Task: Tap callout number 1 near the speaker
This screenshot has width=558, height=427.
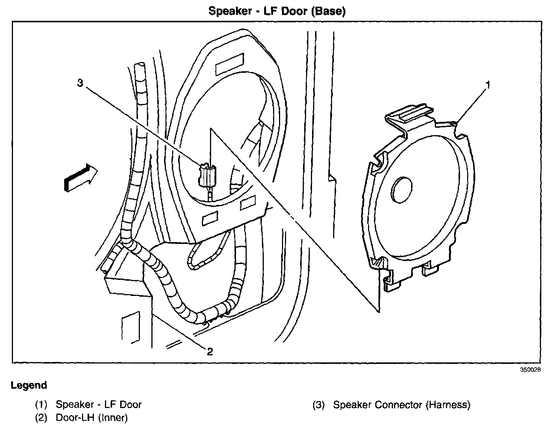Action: tap(488, 85)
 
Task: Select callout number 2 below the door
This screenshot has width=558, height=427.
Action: tap(210, 351)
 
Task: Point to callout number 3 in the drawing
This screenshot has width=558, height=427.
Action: tap(80, 83)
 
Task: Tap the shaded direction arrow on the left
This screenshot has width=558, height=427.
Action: tap(80, 178)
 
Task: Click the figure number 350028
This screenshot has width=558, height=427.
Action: tap(530, 370)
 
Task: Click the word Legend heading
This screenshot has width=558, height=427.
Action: tap(29, 385)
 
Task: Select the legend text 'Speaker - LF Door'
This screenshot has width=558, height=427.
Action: tap(99, 404)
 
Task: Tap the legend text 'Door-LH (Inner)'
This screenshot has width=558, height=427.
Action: tap(92, 418)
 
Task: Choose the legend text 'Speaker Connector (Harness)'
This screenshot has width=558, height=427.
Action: tap(401, 404)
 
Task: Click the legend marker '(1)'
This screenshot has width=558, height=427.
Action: tap(41, 404)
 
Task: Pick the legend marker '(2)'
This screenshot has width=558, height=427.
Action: tap(41, 418)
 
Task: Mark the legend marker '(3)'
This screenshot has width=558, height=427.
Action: tap(319, 404)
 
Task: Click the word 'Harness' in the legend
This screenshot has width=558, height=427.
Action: tap(447, 404)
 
